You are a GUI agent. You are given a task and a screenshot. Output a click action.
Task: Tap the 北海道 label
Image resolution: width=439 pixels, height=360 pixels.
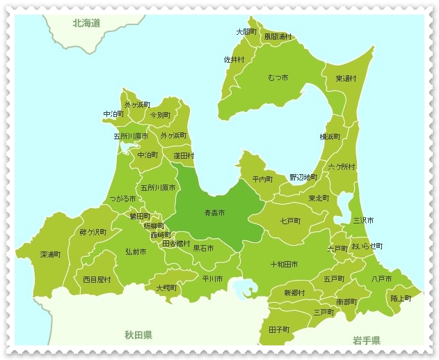[86, 23]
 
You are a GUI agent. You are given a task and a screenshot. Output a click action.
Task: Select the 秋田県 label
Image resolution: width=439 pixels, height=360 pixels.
[138, 335]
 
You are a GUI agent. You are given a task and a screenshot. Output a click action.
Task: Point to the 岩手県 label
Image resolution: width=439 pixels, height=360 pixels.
[366, 341]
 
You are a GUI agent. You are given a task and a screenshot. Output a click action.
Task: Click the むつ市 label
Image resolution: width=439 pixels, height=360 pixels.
[279, 77]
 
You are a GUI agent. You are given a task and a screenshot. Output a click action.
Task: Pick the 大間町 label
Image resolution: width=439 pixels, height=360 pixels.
[246, 32]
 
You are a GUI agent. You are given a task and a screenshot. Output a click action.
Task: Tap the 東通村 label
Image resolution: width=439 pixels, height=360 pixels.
[346, 79]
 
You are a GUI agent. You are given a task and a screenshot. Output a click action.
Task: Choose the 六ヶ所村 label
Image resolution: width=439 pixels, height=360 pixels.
[342, 167]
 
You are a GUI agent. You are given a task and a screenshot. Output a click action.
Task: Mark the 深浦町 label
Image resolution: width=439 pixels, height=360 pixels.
[50, 255]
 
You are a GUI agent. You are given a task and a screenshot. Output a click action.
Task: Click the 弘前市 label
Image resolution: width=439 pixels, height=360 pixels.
[136, 251]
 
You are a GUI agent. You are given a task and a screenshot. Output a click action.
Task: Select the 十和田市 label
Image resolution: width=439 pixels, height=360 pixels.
[284, 265]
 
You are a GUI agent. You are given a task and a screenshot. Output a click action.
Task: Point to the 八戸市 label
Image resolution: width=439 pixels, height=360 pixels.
[381, 279]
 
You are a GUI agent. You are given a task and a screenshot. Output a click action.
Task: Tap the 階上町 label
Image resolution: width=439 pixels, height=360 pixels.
[401, 298]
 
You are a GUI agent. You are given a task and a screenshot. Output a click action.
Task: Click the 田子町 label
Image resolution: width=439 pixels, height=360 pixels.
[279, 329]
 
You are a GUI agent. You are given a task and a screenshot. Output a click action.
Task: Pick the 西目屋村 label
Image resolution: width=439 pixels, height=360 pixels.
[97, 279]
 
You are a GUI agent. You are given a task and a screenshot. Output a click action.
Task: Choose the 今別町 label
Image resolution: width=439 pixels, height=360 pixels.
[160, 115]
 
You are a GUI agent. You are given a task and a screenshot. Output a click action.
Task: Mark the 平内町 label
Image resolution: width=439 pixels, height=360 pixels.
[263, 179]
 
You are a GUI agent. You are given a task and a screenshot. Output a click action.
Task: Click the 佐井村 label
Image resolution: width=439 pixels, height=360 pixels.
[234, 60]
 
